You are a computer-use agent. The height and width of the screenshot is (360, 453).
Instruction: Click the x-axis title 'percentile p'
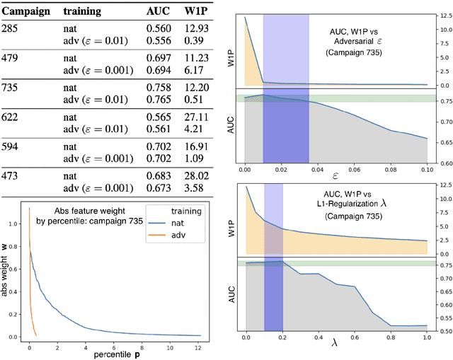click(x=107, y=353)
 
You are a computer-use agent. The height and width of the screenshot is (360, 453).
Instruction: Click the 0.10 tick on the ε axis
click(x=428, y=170)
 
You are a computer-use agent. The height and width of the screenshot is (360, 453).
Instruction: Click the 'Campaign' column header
click(x=26, y=12)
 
